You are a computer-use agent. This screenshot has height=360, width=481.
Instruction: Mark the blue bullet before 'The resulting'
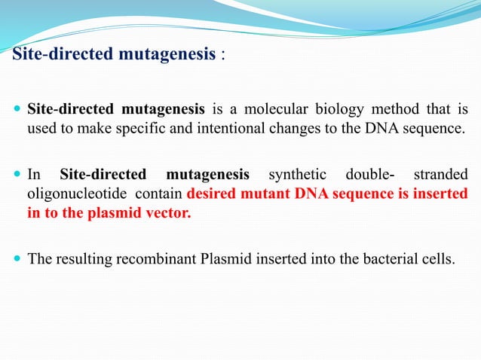click(17, 260)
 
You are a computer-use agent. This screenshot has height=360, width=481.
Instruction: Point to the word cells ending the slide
click(438, 260)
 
